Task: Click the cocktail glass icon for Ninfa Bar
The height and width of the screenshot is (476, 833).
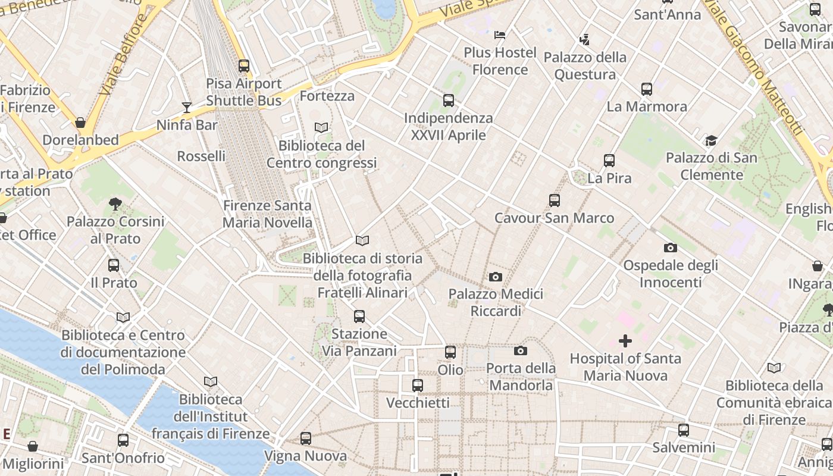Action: pyautogui.click(x=187, y=108)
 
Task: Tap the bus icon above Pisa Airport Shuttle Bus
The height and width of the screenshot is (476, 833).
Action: pyautogui.click(x=244, y=66)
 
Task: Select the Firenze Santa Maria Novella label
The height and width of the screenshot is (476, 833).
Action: pyautogui.click(x=267, y=214)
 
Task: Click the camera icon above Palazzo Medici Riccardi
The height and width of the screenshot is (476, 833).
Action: pyautogui.click(x=495, y=277)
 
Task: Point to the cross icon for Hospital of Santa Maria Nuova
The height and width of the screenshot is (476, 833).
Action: pyautogui.click(x=625, y=341)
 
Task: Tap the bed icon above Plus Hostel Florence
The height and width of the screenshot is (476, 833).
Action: pyautogui.click(x=500, y=35)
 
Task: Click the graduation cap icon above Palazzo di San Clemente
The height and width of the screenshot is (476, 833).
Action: pyautogui.click(x=711, y=140)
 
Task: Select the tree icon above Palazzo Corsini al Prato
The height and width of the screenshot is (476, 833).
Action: pyautogui.click(x=115, y=204)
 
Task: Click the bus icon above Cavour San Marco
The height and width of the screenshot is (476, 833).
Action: pyautogui.click(x=555, y=201)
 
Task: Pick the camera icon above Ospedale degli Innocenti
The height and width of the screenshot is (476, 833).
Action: pyautogui.click(x=671, y=248)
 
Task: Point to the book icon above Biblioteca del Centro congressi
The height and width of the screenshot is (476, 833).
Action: pyautogui.click(x=321, y=128)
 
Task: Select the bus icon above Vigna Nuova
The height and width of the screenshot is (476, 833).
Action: pyautogui.click(x=306, y=439)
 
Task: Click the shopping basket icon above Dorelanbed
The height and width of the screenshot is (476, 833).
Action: pyautogui.click(x=80, y=123)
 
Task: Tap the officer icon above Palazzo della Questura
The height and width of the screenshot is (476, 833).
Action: pyautogui.click(x=584, y=40)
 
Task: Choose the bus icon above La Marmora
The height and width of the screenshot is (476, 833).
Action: pyautogui.click(x=647, y=89)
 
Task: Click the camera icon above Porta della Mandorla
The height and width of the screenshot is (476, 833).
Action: pyautogui.click(x=521, y=350)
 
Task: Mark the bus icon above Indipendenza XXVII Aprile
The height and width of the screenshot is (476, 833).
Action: pyautogui.click(x=449, y=101)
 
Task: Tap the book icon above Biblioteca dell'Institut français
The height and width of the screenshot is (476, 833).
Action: pyautogui.click(x=211, y=381)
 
